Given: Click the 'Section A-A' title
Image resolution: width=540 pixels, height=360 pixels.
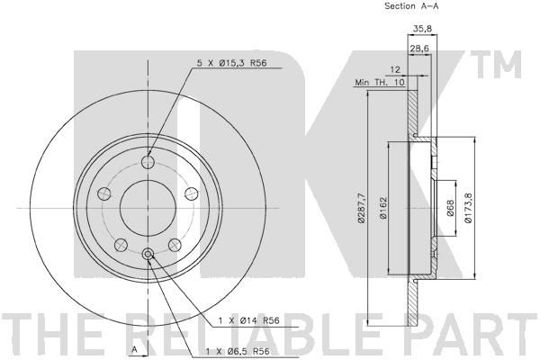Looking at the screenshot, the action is coord(411,6).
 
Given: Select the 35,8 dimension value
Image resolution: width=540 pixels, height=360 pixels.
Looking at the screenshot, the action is coord(422,28).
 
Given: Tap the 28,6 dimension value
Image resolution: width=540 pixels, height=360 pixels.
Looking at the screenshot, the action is coord(419,49).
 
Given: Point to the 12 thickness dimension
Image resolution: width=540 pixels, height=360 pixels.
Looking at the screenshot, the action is coord(396,69).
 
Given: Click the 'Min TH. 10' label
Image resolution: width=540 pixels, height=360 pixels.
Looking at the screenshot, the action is coord(380,82).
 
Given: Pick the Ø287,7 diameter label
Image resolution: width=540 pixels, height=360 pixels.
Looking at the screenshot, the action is coord(361,209).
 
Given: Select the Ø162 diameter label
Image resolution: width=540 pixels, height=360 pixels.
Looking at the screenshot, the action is coord(383,208).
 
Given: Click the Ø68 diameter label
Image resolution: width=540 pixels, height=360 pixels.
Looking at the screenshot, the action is coord(451,209).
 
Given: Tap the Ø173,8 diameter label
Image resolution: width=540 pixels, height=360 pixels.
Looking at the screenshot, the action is coord(468,208).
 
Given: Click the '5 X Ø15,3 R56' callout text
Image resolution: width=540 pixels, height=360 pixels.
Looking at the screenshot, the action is coord(232,63).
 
